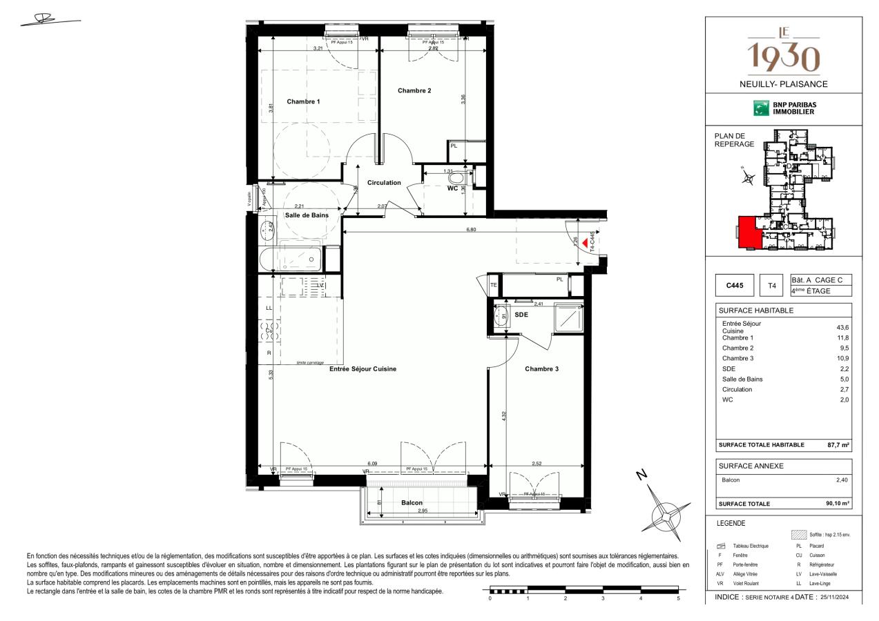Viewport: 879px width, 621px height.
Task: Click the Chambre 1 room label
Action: pyautogui.click(x=303, y=101)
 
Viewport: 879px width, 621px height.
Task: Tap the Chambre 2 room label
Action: pyautogui.click(x=414, y=90)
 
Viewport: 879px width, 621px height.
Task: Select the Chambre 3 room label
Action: pyautogui.click(x=541, y=369)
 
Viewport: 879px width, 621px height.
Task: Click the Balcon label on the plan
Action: pyautogui.click(x=412, y=503)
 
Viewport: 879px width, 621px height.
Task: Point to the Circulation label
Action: pyautogui.click(x=384, y=183)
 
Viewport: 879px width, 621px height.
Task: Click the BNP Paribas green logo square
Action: pyautogui.click(x=760, y=108)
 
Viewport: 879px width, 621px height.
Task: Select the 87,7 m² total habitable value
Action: pyautogui.click(x=837, y=445)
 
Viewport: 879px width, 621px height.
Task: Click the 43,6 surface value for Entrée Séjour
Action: pyautogui.click(x=842, y=327)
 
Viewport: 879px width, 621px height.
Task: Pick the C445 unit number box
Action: pyautogui.click(x=735, y=285)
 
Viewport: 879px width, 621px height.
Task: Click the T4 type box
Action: pyautogui.click(x=773, y=285)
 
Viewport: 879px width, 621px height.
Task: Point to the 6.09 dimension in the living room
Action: pyautogui.click(x=372, y=464)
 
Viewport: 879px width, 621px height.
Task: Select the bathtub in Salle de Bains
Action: pyautogui.click(x=291, y=260)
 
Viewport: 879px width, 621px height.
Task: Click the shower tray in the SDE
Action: pyautogui.click(x=570, y=317)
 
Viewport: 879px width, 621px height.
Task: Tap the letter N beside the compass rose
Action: pyautogui.click(x=641, y=474)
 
